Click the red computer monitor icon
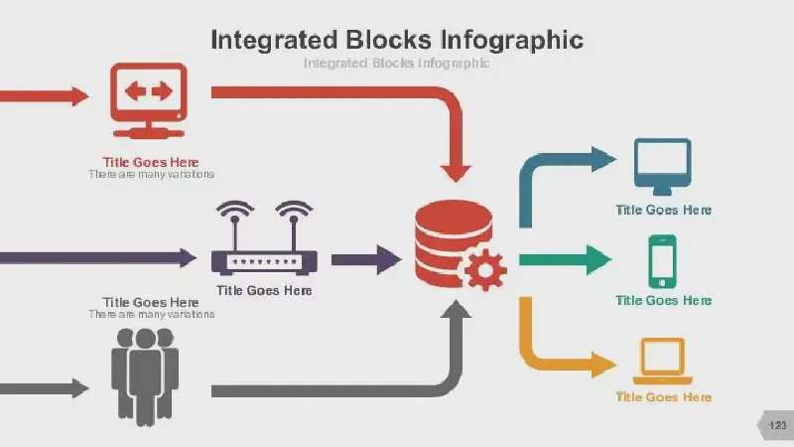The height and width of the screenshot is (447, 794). point(148,100)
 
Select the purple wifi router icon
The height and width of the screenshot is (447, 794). point(264,238)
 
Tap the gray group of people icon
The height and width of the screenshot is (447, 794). point(145,377)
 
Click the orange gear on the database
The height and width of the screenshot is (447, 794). point(485,270)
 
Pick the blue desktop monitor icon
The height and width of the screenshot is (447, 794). point(662,167)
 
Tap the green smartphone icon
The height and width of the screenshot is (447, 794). point(662,261)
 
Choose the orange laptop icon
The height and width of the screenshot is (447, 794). point(662,361)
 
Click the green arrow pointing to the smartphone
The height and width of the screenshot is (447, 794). point(565,259)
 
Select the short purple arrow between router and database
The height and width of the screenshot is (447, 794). point(366,260)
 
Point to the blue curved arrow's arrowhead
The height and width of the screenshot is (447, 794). point(603,159)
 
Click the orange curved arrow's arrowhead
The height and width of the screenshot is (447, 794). point(603,365)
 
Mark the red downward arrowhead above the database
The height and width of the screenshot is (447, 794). point(456,174)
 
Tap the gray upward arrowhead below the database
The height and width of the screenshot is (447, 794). point(456,308)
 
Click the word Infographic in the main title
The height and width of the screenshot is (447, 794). point(511,40)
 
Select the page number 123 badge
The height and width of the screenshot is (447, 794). point(776,425)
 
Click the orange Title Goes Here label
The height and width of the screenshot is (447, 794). point(663,396)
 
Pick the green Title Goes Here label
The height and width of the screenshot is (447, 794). point(663,301)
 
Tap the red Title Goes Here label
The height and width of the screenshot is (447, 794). point(151,162)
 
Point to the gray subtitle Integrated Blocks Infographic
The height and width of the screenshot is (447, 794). point(396,63)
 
